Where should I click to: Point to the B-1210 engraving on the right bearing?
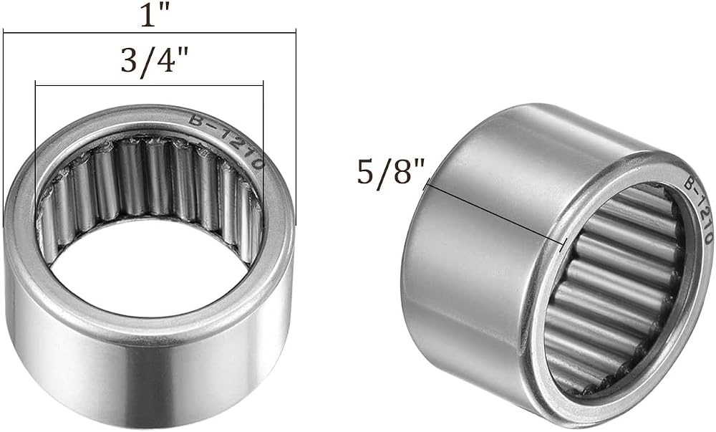coord(698,210)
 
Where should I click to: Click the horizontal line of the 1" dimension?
coord(150,32)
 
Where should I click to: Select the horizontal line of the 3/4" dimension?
coord(150,85)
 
